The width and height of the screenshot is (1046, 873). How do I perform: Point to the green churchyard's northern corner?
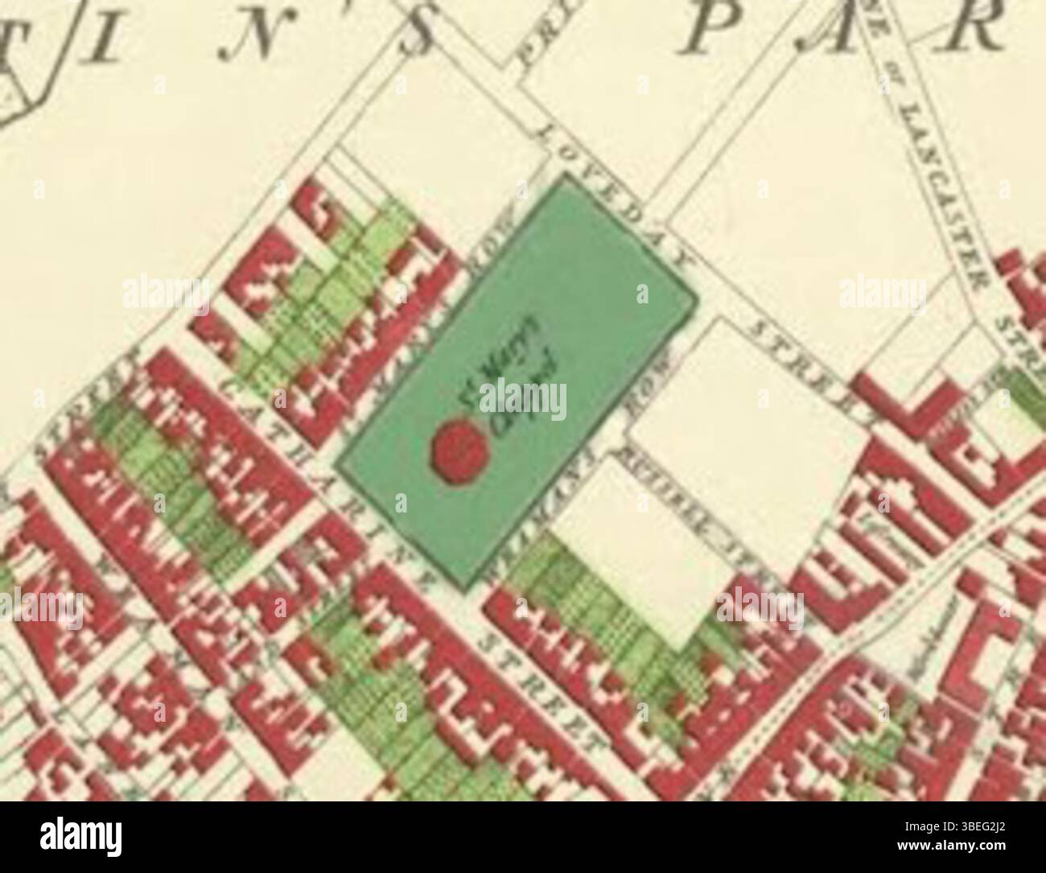click(566, 175)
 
